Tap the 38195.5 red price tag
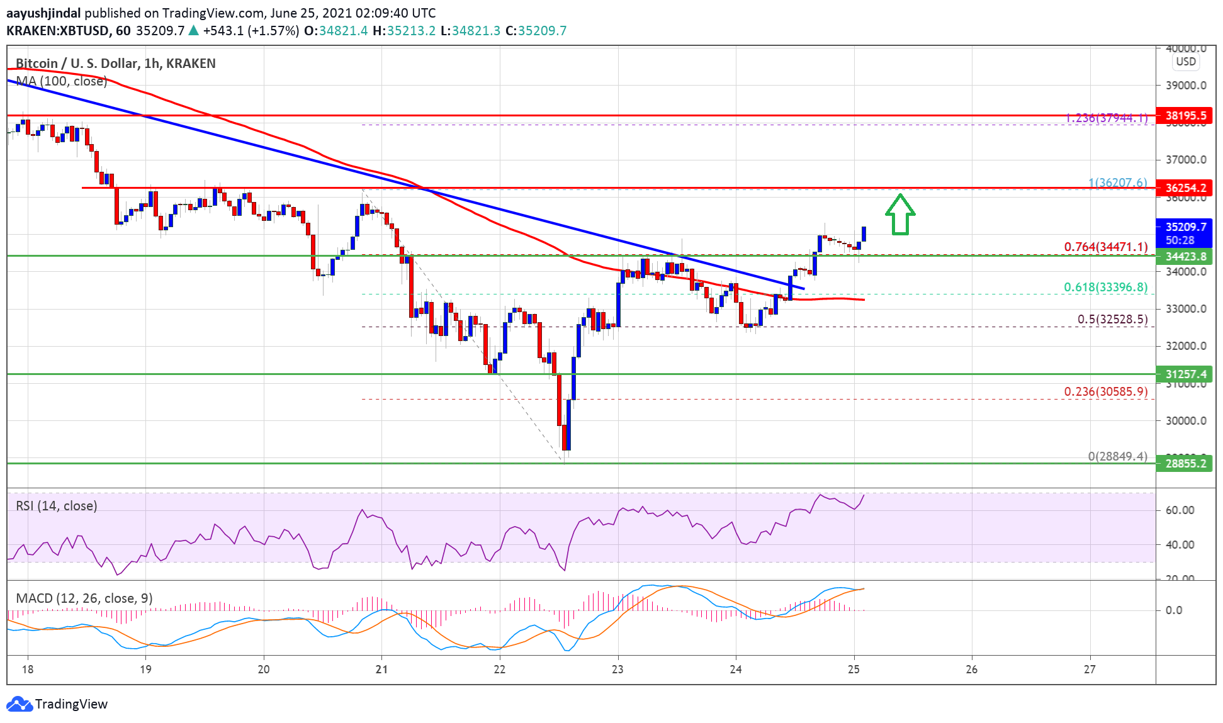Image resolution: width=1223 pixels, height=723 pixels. pos(1185,115)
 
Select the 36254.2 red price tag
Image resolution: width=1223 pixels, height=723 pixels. pos(1185,188)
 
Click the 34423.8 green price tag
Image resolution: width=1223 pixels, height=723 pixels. pos(1185,256)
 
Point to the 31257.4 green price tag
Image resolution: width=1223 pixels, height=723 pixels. pos(1185,374)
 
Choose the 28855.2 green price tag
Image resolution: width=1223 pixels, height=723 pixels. pos(1185,463)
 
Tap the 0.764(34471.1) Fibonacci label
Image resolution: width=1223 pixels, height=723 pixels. pos(1105,247)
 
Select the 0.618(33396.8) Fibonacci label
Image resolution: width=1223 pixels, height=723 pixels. pos(1105,288)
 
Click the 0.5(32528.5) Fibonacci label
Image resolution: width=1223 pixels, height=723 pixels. pos(1112,319)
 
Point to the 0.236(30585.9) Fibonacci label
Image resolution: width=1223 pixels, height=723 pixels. pos(1105,391)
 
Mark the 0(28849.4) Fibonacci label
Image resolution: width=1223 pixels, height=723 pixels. pos(1117,456)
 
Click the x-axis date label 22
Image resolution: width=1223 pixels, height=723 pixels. pos(500,670)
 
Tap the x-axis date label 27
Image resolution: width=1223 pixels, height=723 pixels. pos(1090,670)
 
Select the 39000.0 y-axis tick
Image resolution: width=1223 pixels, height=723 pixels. pos(1186,86)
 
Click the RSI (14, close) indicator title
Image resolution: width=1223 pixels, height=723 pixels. pos(57,506)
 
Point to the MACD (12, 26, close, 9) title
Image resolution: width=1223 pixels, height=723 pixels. pos(84,598)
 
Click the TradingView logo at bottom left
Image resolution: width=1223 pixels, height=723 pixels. pos(57,703)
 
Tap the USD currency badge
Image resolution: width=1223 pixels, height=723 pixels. pos(1186,62)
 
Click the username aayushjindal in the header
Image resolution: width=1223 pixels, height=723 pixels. pos(43,13)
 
